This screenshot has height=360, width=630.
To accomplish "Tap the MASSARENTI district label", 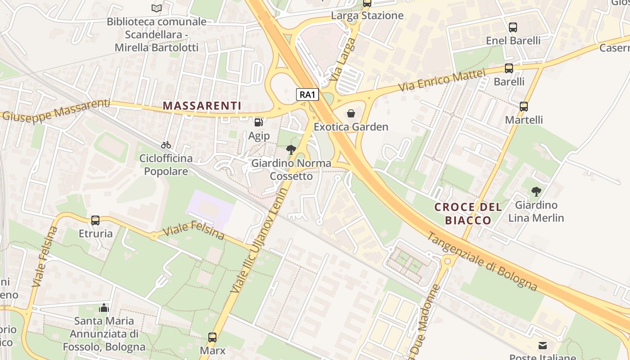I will (x=202, y=106).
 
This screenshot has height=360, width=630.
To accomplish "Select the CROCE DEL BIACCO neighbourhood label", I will (x=468, y=213).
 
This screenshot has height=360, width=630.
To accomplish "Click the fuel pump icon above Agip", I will (x=259, y=122).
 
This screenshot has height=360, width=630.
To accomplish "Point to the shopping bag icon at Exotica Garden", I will (x=351, y=113).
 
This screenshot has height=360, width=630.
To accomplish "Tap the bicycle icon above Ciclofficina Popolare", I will (x=166, y=145).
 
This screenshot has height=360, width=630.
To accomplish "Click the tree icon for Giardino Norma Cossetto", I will (x=291, y=150).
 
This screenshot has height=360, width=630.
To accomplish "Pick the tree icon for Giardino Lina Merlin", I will (x=536, y=192).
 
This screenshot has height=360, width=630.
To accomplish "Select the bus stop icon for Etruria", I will (x=95, y=220).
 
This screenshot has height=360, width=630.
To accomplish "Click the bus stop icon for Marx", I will (x=212, y=337).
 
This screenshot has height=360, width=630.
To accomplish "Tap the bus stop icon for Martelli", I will (x=524, y=107).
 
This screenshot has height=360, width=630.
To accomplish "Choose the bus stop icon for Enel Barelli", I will (x=513, y=27).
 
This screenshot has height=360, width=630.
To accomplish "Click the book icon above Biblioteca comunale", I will (x=156, y=8).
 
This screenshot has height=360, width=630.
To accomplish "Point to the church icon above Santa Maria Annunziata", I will (x=104, y=308).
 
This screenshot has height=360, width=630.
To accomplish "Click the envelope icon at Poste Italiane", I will (x=543, y=346).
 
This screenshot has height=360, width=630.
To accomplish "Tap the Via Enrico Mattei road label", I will (x=442, y=80).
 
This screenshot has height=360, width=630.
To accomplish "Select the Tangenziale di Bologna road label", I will (x=481, y=261).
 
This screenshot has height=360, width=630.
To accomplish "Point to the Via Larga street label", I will (x=342, y=59).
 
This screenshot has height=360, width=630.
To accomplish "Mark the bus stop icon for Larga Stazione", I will (x=367, y=3).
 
